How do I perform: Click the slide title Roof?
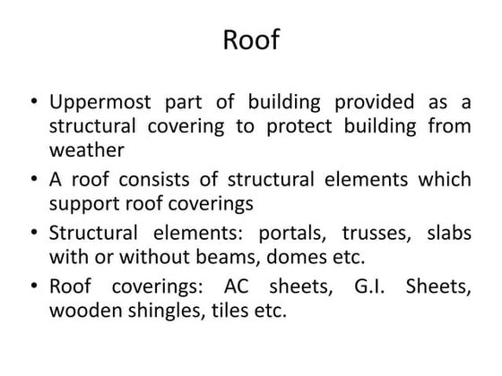tap(250, 41)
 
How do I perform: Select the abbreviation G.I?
tap(372, 288)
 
